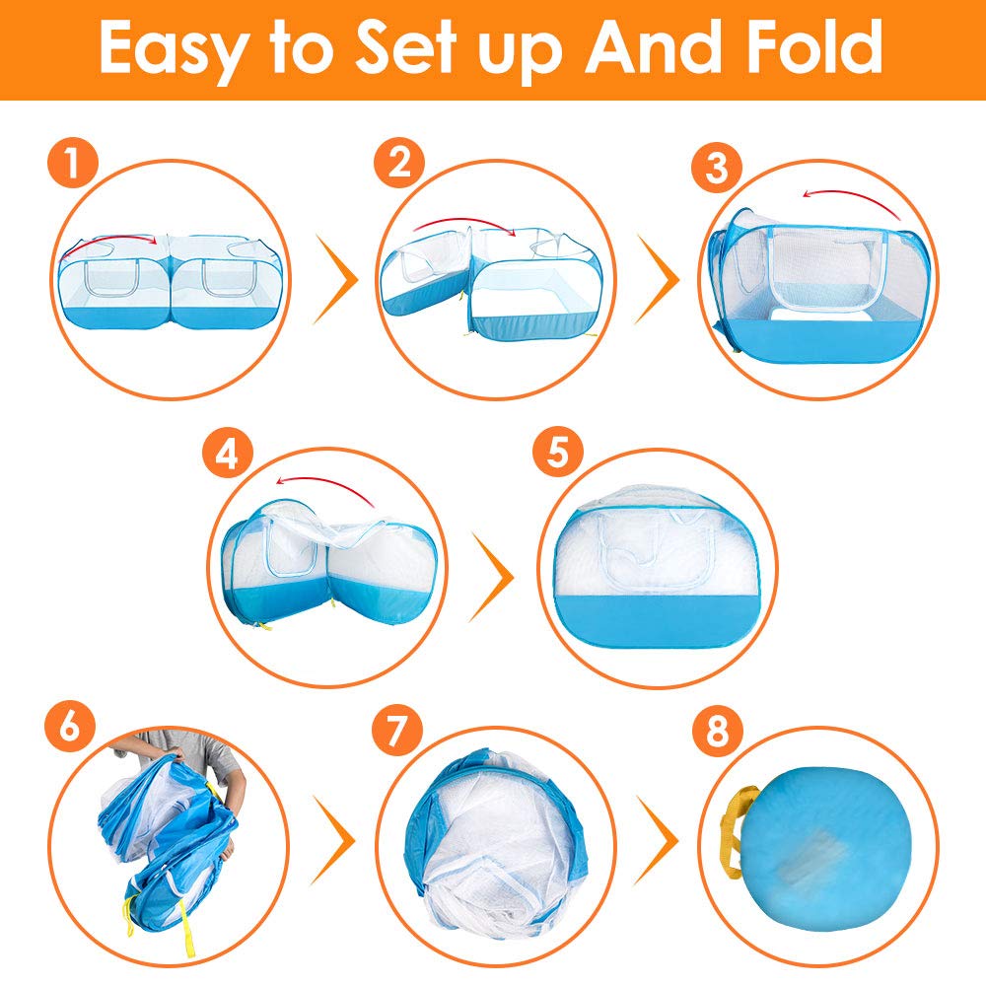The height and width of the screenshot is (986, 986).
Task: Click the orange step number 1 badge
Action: pyautogui.click(x=72, y=163)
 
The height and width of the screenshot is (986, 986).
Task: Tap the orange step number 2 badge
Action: pyautogui.click(x=399, y=163)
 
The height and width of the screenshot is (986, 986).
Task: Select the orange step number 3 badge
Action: pyautogui.click(x=717, y=168)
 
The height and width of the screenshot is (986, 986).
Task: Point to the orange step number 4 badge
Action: pyautogui.click(x=228, y=453)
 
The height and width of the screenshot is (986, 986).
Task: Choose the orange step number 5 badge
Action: pyautogui.click(x=558, y=452)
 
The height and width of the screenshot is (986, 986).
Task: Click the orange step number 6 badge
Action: pyautogui.click(x=70, y=728)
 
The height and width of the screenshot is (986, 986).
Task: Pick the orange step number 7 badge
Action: pyautogui.click(x=396, y=730)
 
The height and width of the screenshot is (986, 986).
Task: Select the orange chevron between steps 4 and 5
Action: pyautogui.click(x=491, y=577)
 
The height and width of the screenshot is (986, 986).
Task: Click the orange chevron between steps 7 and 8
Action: pyautogui.click(x=657, y=840)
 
